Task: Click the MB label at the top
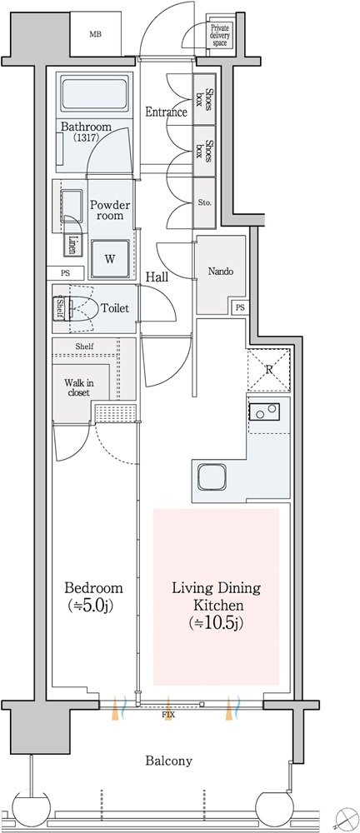(x=95, y=34)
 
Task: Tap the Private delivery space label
(x=220, y=35)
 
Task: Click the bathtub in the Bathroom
(x=95, y=95)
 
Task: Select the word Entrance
(x=166, y=112)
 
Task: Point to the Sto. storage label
(x=205, y=202)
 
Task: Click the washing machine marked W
(x=110, y=259)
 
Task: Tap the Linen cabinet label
(x=72, y=244)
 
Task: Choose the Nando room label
(x=220, y=272)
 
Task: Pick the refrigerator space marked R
(x=269, y=370)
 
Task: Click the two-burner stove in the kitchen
(x=264, y=411)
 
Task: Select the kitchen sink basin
(x=212, y=477)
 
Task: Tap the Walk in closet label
(x=77, y=387)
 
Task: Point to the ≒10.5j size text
(x=217, y=622)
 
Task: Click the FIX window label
(x=168, y=716)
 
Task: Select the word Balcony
(x=169, y=761)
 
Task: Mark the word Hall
(x=157, y=277)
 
